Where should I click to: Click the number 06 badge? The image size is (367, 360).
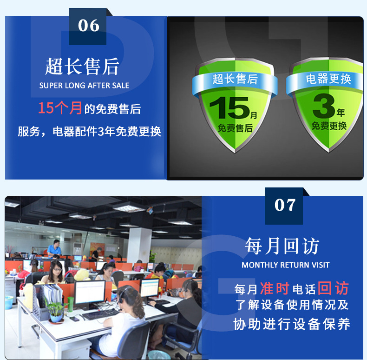[88, 26]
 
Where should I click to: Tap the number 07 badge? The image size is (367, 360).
[284, 205]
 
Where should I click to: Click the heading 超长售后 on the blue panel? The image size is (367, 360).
[82, 66]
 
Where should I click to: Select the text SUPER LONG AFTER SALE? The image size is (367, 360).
[84, 86]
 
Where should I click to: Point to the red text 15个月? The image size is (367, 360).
[60, 108]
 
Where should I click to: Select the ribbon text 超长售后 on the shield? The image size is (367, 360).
[235, 79]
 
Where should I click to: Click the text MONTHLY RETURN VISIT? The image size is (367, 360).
[286, 265]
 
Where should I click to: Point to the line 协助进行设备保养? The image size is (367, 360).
[292, 324]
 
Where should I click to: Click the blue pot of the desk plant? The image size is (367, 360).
[57, 318]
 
